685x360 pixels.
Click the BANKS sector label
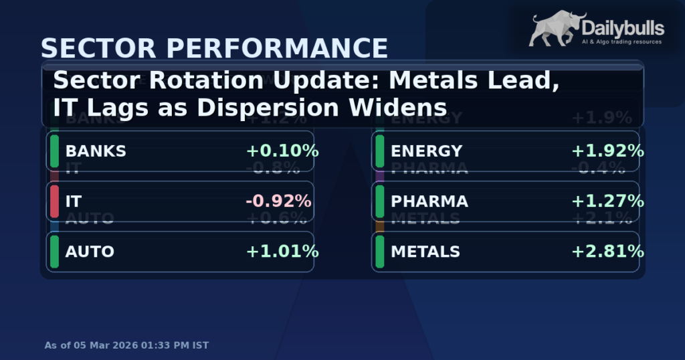coord(96,151)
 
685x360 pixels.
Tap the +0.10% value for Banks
coord(282,151)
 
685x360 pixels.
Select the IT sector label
coord(74,201)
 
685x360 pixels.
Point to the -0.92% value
coord(279,201)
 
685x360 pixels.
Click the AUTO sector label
coord(90,252)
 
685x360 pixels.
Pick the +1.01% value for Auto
coord(282,252)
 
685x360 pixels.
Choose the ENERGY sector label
coord(426,151)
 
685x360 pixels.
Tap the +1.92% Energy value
coord(607,151)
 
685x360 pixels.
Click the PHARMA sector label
coord(429,201)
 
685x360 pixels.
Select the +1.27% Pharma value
coord(607,201)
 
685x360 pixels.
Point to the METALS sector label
coord(425,252)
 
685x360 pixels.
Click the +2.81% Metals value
coord(607,252)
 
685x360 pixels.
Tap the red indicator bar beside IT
coord(54,201)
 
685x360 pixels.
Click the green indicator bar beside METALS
coord(379,252)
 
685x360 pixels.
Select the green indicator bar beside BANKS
coord(54,151)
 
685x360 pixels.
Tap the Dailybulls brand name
coord(623,27)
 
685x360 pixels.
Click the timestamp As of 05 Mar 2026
coord(126,345)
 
